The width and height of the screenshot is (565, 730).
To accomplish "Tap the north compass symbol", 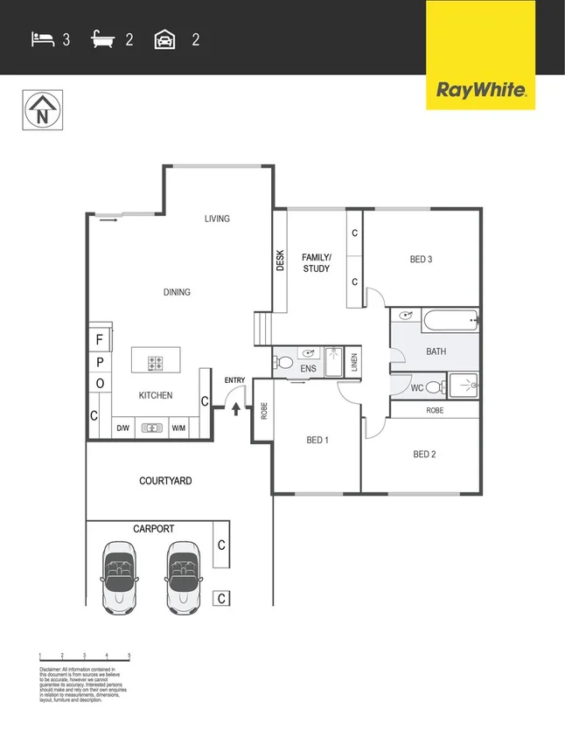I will coord(41,110).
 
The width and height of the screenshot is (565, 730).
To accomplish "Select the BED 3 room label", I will coord(422,260).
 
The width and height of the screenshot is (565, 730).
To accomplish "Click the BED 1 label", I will coord(317,440).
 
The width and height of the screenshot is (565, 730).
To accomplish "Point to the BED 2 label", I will coord(425,454).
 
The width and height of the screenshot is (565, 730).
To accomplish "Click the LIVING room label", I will coord(217,219).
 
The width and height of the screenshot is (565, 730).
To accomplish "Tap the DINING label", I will coord(177,292).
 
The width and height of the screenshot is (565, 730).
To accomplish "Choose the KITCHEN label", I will coord(156,395).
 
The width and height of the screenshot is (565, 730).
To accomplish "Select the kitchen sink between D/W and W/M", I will coord(152,428).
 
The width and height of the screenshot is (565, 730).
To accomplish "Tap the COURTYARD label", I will coord(165,481).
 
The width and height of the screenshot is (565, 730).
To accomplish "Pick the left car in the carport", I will coord(119,576).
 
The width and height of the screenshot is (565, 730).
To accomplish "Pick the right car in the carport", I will coord(183,576).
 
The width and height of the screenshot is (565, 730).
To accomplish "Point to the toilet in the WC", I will coord(433,386).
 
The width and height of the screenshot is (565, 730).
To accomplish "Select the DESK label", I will coord(281,261).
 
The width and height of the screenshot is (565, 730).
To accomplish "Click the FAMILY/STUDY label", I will coord(317,262).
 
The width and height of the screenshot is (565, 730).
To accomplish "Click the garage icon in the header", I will coord(164,38).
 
